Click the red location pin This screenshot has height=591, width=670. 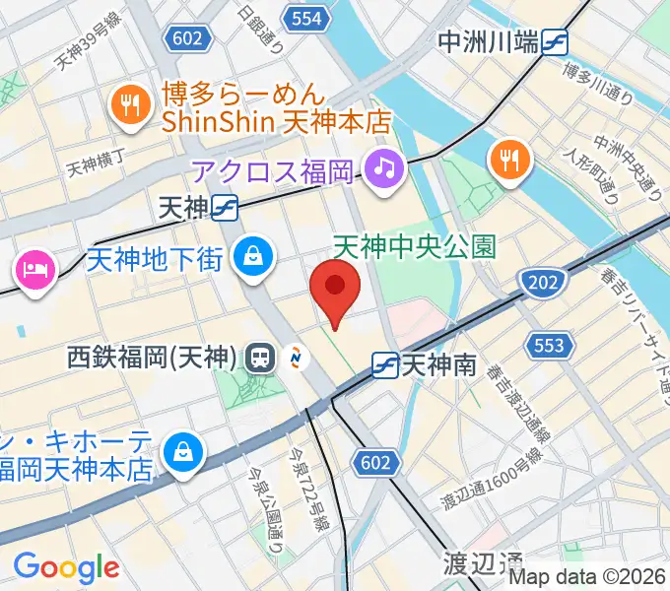pyautogui.click(x=335, y=287)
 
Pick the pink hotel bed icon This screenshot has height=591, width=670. pyautogui.click(x=34, y=268)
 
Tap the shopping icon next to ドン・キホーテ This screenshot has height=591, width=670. pyautogui.click(x=183, y=452)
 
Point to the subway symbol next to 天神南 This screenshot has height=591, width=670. pyautogui.click(x=385, y=366)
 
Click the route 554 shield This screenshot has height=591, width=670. pyautogui.click(x=306, y=17)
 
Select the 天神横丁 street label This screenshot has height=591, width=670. pyautogui.click(x=98, y=163)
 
